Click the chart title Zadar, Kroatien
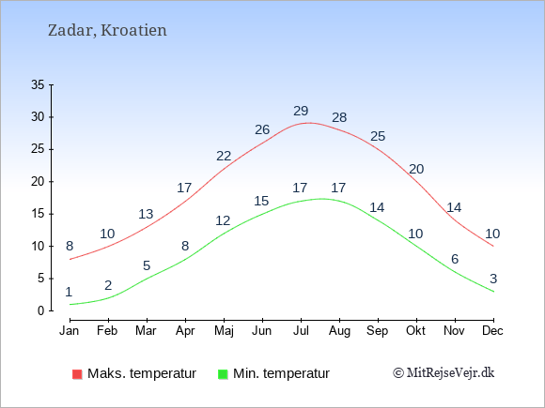point(107,30)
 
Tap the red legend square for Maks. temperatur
point(76,373)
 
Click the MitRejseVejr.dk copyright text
point(444,373)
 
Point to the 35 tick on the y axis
point(39,84)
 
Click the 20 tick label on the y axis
point(39,182)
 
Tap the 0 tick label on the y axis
point(41,311)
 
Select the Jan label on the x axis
point(70,330)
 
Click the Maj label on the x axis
point(224,330)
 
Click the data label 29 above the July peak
point(301,111)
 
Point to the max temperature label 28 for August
point(339,117)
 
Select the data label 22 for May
point(224,156)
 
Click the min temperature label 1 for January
point(69,292)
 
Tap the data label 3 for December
point(493,279)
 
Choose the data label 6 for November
point(455,259)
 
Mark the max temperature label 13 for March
point(146,214)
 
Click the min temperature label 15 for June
point(262,201)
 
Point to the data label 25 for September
point(378,136)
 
